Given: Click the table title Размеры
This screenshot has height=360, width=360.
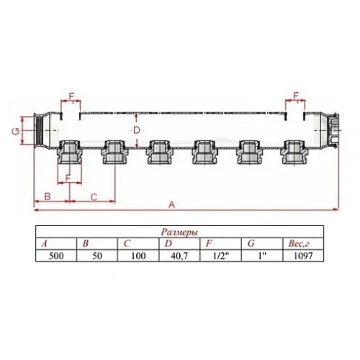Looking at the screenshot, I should coord(179,233).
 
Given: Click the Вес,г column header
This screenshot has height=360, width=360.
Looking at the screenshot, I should coord(300,245).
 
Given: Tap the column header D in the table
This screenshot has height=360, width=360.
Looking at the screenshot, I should coord(168,245).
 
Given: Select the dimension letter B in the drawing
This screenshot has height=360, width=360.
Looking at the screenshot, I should coord(47,195).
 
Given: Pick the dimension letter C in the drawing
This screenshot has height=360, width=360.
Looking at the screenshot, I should coord(93,195).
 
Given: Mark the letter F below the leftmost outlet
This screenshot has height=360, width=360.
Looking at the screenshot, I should coord(68,176).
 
